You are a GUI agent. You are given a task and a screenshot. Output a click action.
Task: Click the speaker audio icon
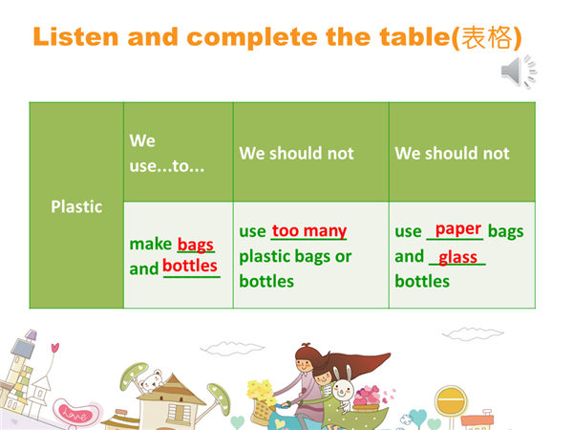click(519, 72)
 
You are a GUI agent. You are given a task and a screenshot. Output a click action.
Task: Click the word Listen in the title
click(75, 37)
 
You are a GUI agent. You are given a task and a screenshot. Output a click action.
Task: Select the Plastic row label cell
click(76, 205)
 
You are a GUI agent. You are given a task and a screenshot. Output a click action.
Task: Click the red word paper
click(457, 229)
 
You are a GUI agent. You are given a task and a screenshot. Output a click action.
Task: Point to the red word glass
click(457, 257)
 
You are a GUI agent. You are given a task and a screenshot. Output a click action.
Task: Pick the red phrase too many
click(309, 230)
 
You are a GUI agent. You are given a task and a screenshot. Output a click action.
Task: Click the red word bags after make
click(196, 245)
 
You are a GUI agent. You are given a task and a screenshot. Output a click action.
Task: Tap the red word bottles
click(190, 265)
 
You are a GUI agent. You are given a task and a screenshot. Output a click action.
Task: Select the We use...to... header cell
click(179, 153)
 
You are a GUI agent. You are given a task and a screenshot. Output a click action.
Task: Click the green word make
click(151, 244)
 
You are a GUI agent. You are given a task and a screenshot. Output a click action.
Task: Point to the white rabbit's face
click(342, 390)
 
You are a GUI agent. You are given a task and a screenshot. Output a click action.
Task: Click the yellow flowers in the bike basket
click(261, 391)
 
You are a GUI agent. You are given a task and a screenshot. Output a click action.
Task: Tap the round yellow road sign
click(451, 400)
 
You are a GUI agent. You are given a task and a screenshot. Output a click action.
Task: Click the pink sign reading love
click(75, 413)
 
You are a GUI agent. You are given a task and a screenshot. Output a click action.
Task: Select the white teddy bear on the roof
click(151, 381)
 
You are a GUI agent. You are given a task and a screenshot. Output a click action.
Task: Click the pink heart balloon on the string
click(54, 347)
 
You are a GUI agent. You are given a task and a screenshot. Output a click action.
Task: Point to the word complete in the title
click(252, 37)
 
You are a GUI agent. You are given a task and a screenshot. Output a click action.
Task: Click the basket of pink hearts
click(368, 398)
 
